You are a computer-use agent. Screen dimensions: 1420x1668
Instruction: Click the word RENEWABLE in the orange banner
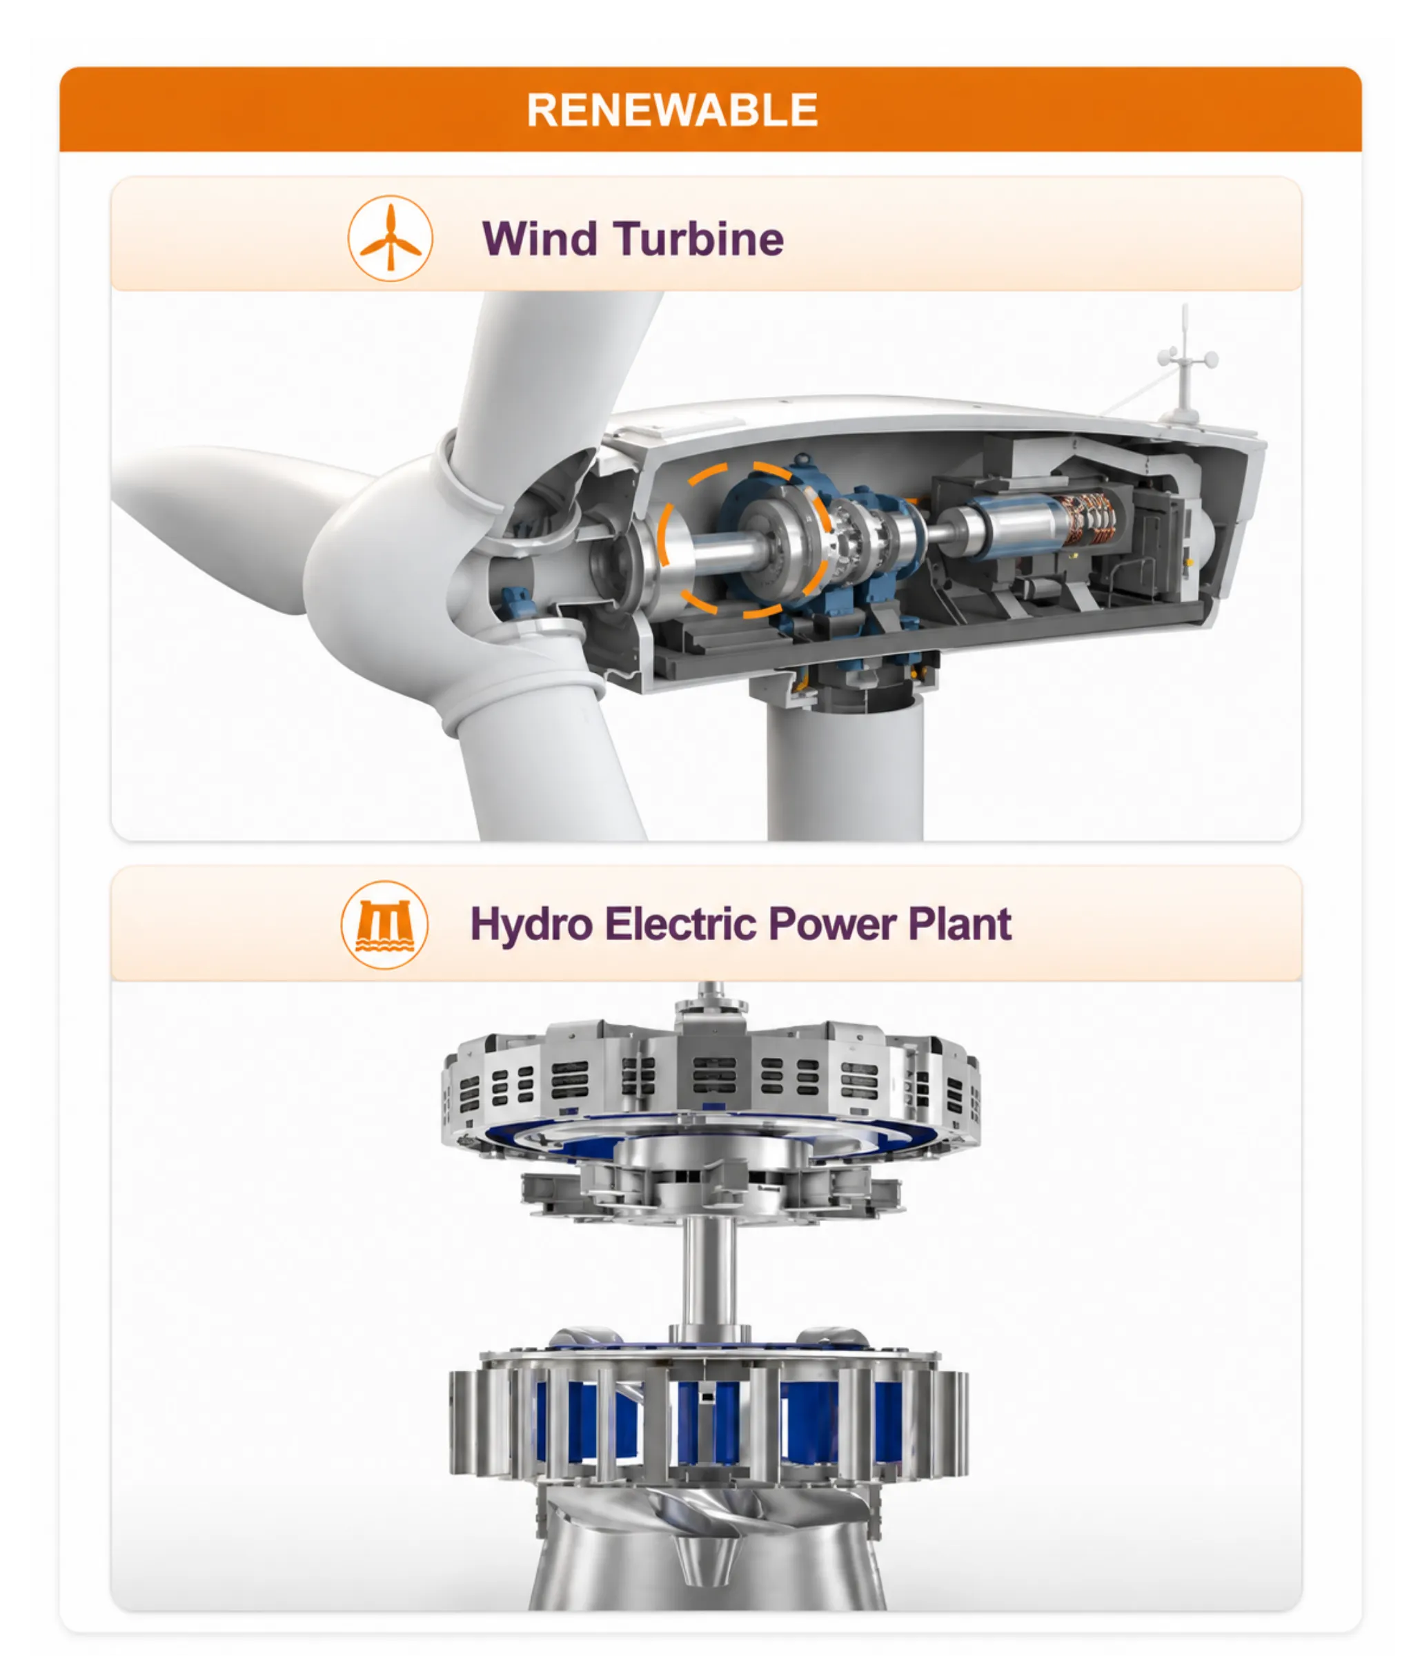pyautogui.click(x=672, y=110)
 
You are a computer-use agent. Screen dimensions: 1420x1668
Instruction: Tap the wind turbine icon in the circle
pyautogui.click(x=391, y=238)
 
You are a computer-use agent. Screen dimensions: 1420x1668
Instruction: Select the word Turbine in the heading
pyautogui.click(x=699, y=239)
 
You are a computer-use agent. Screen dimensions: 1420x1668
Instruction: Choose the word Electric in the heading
pyautogui.click(x=681, y=924)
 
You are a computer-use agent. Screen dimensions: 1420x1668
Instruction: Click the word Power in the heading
pyautogui.click(x=832, y=924)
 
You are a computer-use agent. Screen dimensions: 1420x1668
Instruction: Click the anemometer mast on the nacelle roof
pyautogui.click(x=1185, y=362)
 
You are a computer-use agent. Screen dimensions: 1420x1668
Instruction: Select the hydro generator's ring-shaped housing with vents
pyautogui.click(x=711, y=1079)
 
